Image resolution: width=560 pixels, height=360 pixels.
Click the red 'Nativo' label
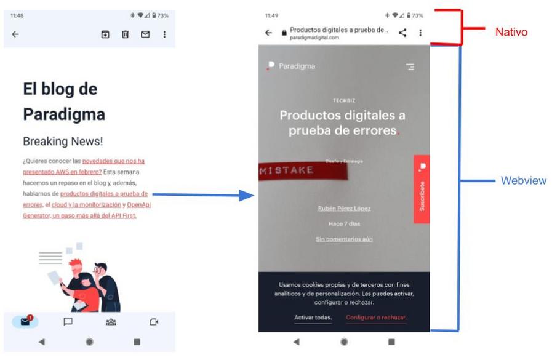(x=511, y=32)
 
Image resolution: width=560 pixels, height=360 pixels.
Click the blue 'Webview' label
(x=523, y=181)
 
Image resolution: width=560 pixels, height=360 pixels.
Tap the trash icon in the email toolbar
(x=125, y=34)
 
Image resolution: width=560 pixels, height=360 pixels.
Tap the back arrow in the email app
(x=15, y=34)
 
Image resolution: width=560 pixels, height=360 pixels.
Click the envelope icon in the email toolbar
(x=145, y=34)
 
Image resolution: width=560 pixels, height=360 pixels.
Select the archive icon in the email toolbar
(x=105, y=34)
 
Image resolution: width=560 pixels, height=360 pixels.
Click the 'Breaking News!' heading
(x=63, y=141)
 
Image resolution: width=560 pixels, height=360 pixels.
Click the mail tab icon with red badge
(x=25, y=321)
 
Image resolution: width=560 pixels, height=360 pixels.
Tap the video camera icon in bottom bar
(x=154, y=322)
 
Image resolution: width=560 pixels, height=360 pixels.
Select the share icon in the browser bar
(x=402, y=33)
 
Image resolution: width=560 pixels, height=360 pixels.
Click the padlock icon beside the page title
(x=284, y=33)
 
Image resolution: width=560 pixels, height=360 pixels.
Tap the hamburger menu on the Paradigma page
(x=410, y=67)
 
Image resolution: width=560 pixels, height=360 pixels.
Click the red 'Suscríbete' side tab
(x=422, y=190)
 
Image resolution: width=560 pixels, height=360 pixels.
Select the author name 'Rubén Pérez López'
(x=344, y=209)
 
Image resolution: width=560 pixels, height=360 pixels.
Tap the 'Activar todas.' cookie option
(x=313, y=318)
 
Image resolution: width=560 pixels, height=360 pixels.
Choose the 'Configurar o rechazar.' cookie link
(x=376, y=318)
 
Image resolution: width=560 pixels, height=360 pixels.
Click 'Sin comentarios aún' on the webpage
(x=344, y=239)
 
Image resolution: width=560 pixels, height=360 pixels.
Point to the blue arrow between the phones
(x=203, y=196)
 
